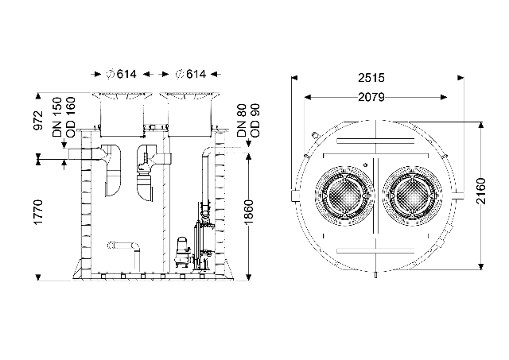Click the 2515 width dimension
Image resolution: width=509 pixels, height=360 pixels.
(371, 78)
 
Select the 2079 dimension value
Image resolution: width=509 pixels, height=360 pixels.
(371, 97)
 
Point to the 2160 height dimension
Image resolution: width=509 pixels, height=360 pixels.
(481, 191)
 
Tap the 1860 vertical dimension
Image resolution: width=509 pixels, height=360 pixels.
(249, 211)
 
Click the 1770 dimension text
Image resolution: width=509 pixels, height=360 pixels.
(38, 212)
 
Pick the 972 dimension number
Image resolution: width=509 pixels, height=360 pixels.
(38, 120)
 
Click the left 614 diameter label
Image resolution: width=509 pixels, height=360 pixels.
(122, 74)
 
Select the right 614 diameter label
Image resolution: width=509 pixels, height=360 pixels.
(191, 74)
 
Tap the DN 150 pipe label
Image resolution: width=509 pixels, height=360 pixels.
(57, 117)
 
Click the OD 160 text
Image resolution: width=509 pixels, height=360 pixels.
(71, 117)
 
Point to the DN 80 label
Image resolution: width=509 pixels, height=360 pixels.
(242, 120)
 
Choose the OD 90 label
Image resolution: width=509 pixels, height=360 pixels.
(255, 120)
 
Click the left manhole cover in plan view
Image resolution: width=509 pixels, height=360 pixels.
(344, 195)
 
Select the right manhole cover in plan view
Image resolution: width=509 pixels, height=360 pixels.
(413, 195)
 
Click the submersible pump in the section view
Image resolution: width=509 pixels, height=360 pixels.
(181, 252)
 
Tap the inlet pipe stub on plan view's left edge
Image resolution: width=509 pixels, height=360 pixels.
(294, 195)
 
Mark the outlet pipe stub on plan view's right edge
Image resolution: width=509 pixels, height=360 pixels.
(458, 195)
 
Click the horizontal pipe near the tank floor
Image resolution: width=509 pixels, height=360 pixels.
(123, 246)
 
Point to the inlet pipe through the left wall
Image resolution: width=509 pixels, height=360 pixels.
(85, 154)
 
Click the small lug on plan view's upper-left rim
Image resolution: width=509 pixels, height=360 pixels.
(314, 134)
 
